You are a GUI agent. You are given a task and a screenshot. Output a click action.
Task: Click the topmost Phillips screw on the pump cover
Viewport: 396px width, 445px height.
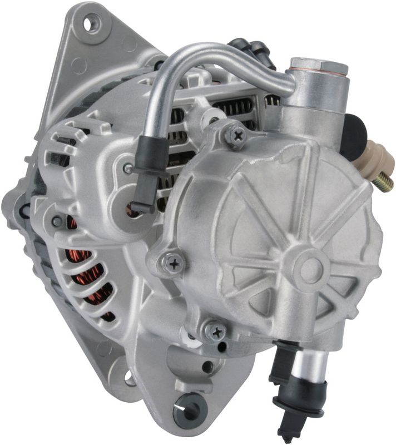pyautogui.click(x=236, y=133)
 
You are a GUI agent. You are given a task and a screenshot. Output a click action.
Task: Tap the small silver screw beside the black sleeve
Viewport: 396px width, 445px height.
pyautogui.click(x=128, y=168)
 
